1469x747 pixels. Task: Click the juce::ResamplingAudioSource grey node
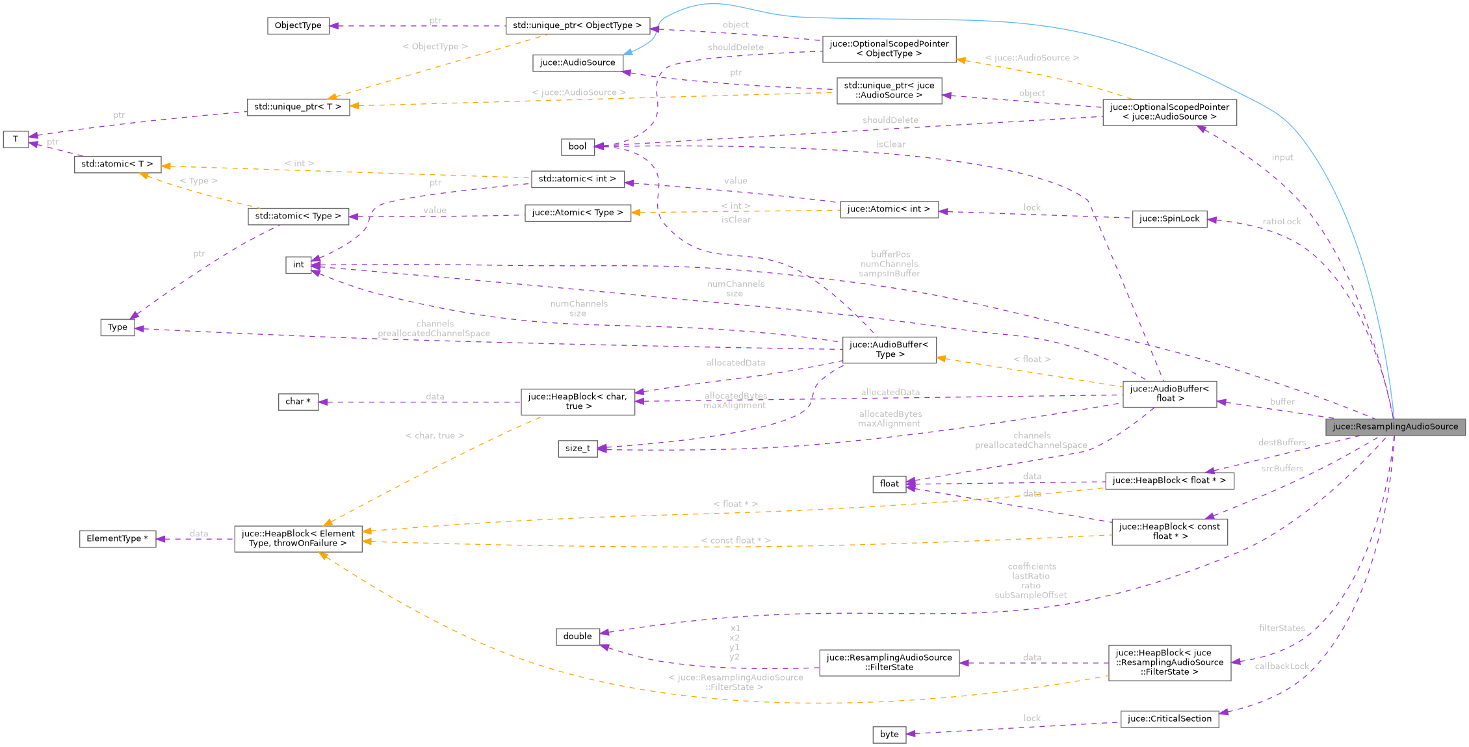point(1395,426)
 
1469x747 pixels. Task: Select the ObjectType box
point(298,25)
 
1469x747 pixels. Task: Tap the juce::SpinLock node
point(1169,218)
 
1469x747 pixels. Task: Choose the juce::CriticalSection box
point(1169,718)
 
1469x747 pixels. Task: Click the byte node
point(889,734)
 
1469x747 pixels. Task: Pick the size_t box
point(577,448)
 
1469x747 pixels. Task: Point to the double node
point(577,636)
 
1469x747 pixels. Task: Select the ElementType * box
point(117,538)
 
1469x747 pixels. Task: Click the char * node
point(298,401)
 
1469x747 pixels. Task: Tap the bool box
point(577,146)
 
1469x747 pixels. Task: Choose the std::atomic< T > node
point(117,164)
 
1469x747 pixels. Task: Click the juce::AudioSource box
point(577,62)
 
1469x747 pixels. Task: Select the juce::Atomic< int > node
point(889,209)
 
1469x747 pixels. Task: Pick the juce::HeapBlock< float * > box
point(1169,480)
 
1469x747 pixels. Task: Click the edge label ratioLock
point(1281,221)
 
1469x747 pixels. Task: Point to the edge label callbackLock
point(1281,666)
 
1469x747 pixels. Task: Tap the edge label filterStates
point(1281,628)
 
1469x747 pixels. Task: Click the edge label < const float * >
point(735,540)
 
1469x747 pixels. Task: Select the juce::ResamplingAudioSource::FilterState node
point(889,662)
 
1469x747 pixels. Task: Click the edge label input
point(1282,157)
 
